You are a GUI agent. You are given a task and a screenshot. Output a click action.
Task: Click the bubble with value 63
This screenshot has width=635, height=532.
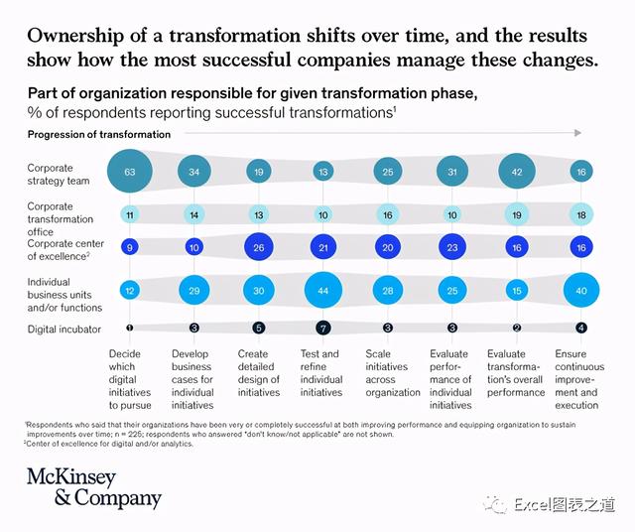tap(129, 172)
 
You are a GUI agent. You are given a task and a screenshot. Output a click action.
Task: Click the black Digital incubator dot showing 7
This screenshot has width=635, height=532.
tap(322, 328)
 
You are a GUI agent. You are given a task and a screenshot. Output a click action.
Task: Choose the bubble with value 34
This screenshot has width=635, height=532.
tap(194, 172)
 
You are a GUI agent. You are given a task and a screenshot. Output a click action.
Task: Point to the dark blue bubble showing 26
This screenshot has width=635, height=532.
tap(259, 248)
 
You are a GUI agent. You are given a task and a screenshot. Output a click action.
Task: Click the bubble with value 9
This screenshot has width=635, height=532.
tap(129, 248)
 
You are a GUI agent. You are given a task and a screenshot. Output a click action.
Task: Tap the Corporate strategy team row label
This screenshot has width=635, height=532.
tap(58, 175)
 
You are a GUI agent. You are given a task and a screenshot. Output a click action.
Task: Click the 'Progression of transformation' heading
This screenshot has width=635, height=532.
tap(86, 134)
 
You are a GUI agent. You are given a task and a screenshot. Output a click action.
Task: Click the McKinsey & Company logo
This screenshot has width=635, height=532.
tap(93, 487)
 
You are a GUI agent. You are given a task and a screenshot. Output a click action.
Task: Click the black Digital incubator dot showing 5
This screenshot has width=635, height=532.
tap(259, 328)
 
